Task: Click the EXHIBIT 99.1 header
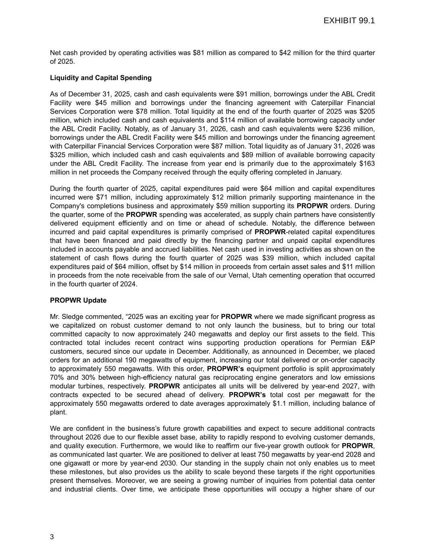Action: coord(349,21)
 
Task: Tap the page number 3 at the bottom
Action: coord(52,537)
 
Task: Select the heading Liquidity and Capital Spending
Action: coord(101,78)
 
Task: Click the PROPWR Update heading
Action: coord(78,300)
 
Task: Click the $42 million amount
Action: coord(296,53)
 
